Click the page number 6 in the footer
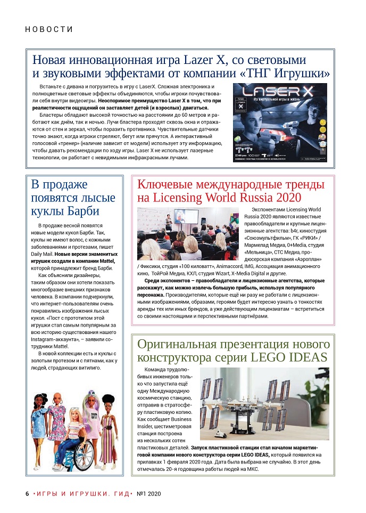[27, 494]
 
